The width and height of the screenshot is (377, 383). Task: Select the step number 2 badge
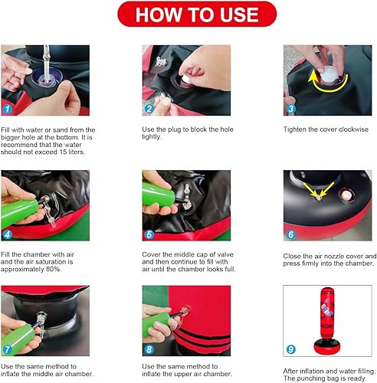click(x=150, y=108)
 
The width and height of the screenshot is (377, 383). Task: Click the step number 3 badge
click(x=290, y=108)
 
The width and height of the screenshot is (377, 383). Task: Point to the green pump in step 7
click(x=19, y=329)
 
